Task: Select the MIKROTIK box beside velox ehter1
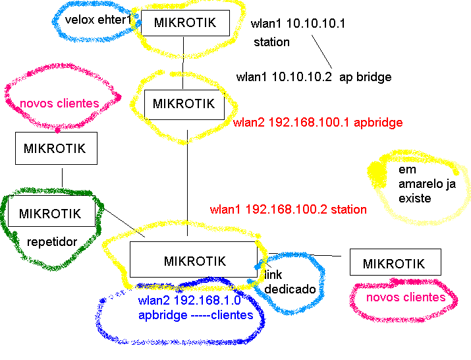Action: (x=185, y=23)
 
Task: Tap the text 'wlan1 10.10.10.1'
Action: (x=298, y=24)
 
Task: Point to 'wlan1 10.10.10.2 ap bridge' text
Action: (x=314, y=77)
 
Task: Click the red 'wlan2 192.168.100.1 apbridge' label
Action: (x=318, y=123)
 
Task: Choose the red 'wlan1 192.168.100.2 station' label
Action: (x=289, y=210)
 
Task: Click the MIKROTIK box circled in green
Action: (x=50, y=214)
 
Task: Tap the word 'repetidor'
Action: (x=52, y=242)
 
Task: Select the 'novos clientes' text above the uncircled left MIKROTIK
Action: (x=59, y=103)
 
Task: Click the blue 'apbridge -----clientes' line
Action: (x=196, y=315)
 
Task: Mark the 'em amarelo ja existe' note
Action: (x=426, y=184)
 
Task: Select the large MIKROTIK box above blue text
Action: (x=194, y=260)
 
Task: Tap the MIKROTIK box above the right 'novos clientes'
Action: (x=394, y=264)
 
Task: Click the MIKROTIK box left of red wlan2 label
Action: (x=184, y=104)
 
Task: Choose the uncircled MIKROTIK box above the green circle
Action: (x=55, y=148)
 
